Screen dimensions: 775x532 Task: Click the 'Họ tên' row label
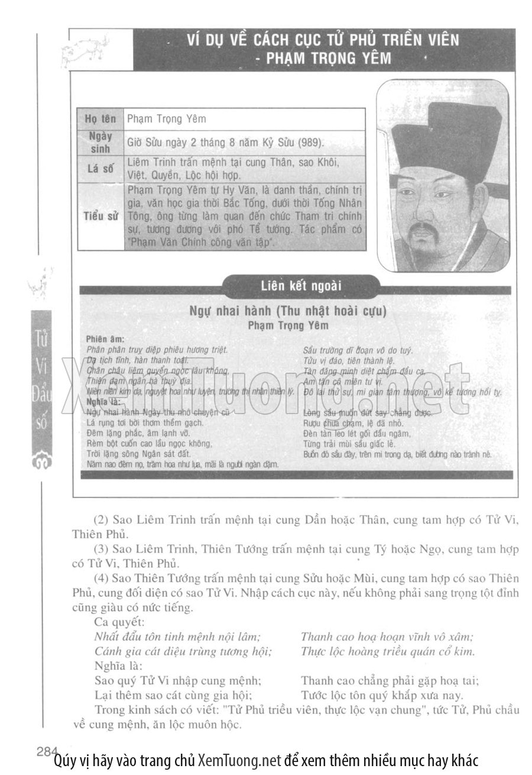coord(100,118)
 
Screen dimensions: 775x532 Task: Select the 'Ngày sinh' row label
coord(100,142)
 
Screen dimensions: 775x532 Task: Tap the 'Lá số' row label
coord(100,169)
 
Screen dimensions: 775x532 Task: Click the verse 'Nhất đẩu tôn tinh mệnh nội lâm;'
coord(177,637)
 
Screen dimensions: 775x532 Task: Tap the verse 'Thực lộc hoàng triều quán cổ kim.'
coord(388,651)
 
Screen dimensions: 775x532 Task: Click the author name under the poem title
coord(288,325)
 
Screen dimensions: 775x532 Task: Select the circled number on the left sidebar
coord(42,462)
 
